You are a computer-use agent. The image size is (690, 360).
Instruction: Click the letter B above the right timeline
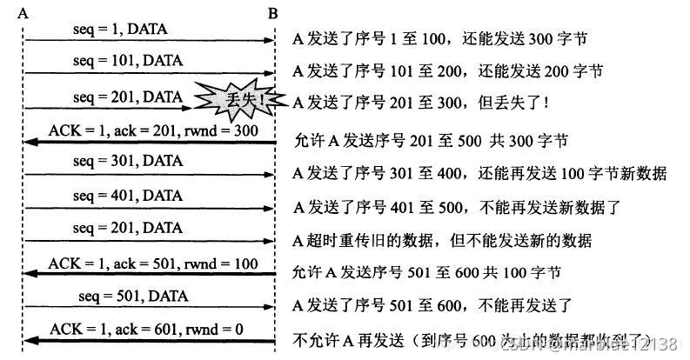point(273,14)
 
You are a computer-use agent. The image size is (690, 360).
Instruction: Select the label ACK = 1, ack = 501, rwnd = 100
point(154,262)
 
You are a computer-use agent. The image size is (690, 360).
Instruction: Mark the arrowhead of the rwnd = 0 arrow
point(30,340)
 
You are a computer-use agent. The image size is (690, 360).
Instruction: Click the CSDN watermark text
point(609,343)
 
